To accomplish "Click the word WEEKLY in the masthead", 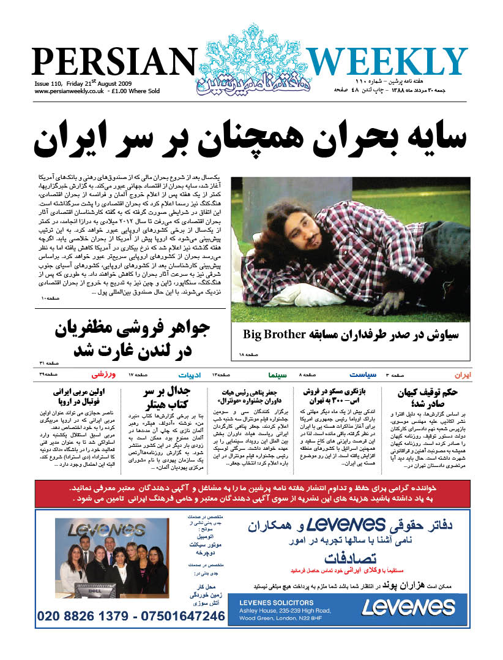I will tap(387, 62).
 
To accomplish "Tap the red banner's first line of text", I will tap(251, 488).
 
